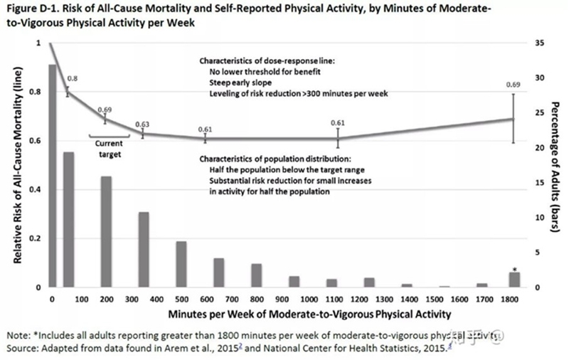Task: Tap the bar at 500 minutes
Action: (181, 264)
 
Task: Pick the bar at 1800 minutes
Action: (515, 280)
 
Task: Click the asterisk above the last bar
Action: (515, 269)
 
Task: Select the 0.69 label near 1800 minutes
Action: (512, 85)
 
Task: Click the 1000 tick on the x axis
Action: (312, 299)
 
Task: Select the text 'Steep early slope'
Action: (245, 83)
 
